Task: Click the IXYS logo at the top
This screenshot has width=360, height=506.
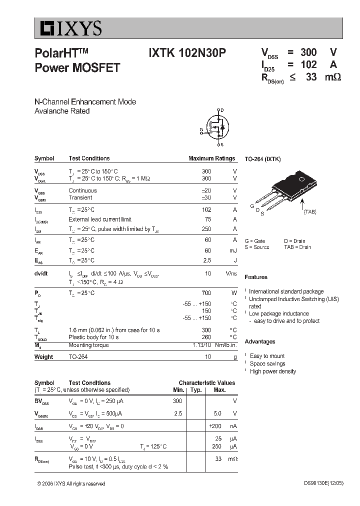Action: (x=68, y=29)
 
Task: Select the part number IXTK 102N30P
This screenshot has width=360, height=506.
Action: (x=187, y=53)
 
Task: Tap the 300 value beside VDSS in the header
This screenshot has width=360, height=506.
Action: (x=308, y=52)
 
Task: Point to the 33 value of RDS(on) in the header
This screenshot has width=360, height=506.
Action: (x=311, y=77)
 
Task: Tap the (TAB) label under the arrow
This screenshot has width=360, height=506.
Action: (x=310, y=212)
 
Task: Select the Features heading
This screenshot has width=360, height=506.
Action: (x=256, y=277)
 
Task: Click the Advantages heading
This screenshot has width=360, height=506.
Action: (x=260, y=341)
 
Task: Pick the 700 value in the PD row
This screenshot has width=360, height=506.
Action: (x=206, y=293)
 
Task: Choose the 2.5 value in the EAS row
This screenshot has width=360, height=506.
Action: (x=206, y=260)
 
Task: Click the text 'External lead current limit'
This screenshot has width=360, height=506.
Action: (x=100, y=219)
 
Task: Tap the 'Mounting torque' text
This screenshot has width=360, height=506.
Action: (x=88, y=345)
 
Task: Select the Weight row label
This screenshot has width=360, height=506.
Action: (x=44, y=357)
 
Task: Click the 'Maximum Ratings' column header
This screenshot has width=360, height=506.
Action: (x=211, y=158)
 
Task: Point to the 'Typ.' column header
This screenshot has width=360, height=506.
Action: (x=196, y=389)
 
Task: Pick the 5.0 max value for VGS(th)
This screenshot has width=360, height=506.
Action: (x=217, y=413)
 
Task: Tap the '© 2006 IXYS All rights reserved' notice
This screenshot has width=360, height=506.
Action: (x=71, y=483)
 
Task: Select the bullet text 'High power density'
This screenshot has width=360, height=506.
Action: (x=273, y=371)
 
